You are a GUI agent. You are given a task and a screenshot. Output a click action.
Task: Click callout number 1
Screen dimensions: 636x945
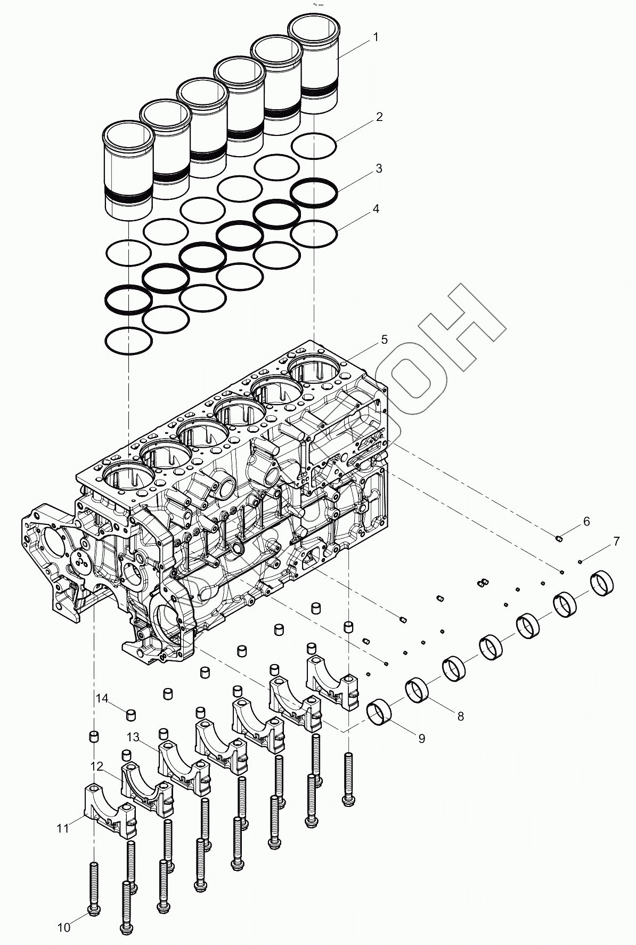[x=376, y=37]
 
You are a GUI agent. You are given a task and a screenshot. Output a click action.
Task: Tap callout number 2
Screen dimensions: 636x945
[x=379, y=117]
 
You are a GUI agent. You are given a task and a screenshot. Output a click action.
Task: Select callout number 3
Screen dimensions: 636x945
[x=379, y=168]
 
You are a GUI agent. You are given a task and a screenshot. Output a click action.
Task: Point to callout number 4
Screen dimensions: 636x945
[x=376, y=209]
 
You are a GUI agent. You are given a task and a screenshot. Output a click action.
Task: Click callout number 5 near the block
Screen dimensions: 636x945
[x=384, y=340]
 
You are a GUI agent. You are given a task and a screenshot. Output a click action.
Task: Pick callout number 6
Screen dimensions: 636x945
[x=586, y=521]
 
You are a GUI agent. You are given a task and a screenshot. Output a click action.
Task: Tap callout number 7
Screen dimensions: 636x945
[x=616, y=542]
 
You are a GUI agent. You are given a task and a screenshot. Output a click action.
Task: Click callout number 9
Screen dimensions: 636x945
[x=421, y=738]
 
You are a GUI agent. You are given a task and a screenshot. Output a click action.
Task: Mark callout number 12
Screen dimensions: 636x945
[x=96, y=766]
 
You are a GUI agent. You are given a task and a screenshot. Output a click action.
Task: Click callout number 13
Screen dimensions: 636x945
[x=133, y=737]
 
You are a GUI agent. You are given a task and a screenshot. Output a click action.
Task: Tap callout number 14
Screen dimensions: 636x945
[x=102, y=698]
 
